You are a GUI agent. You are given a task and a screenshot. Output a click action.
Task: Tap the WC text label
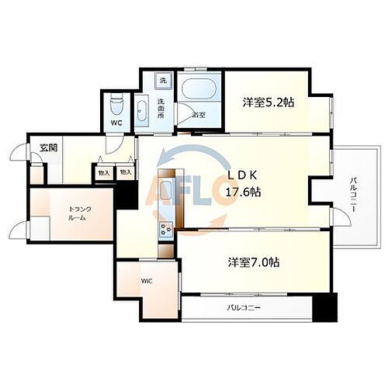pyautogui.click(x=115, y=123)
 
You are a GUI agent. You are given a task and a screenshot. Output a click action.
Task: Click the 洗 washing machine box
pyautogui.click(x=163, y=81)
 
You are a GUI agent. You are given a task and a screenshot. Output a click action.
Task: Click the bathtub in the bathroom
pyautogui.click(x=199, y=88)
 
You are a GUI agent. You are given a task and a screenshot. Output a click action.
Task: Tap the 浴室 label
pyautogui.click(x=199, y=115)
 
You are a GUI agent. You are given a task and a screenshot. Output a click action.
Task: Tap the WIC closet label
pyautogui.click(x=145, y=281)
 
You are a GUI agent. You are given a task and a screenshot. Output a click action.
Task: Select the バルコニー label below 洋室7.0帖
pyautogui.click(x=244, y=308)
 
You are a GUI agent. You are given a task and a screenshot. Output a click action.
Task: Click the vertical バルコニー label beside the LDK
pyautogui.click(x=353, y=193)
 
